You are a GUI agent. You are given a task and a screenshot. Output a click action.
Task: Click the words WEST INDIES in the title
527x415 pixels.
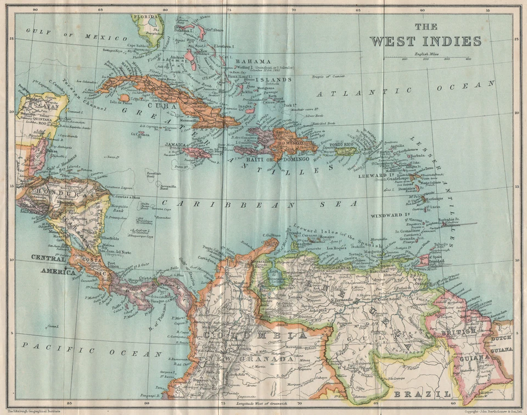click(425, 41)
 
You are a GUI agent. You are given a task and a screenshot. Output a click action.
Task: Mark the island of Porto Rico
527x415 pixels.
click(346, 150)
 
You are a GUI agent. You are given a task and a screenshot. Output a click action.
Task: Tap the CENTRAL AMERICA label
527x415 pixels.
click(53, 264)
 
